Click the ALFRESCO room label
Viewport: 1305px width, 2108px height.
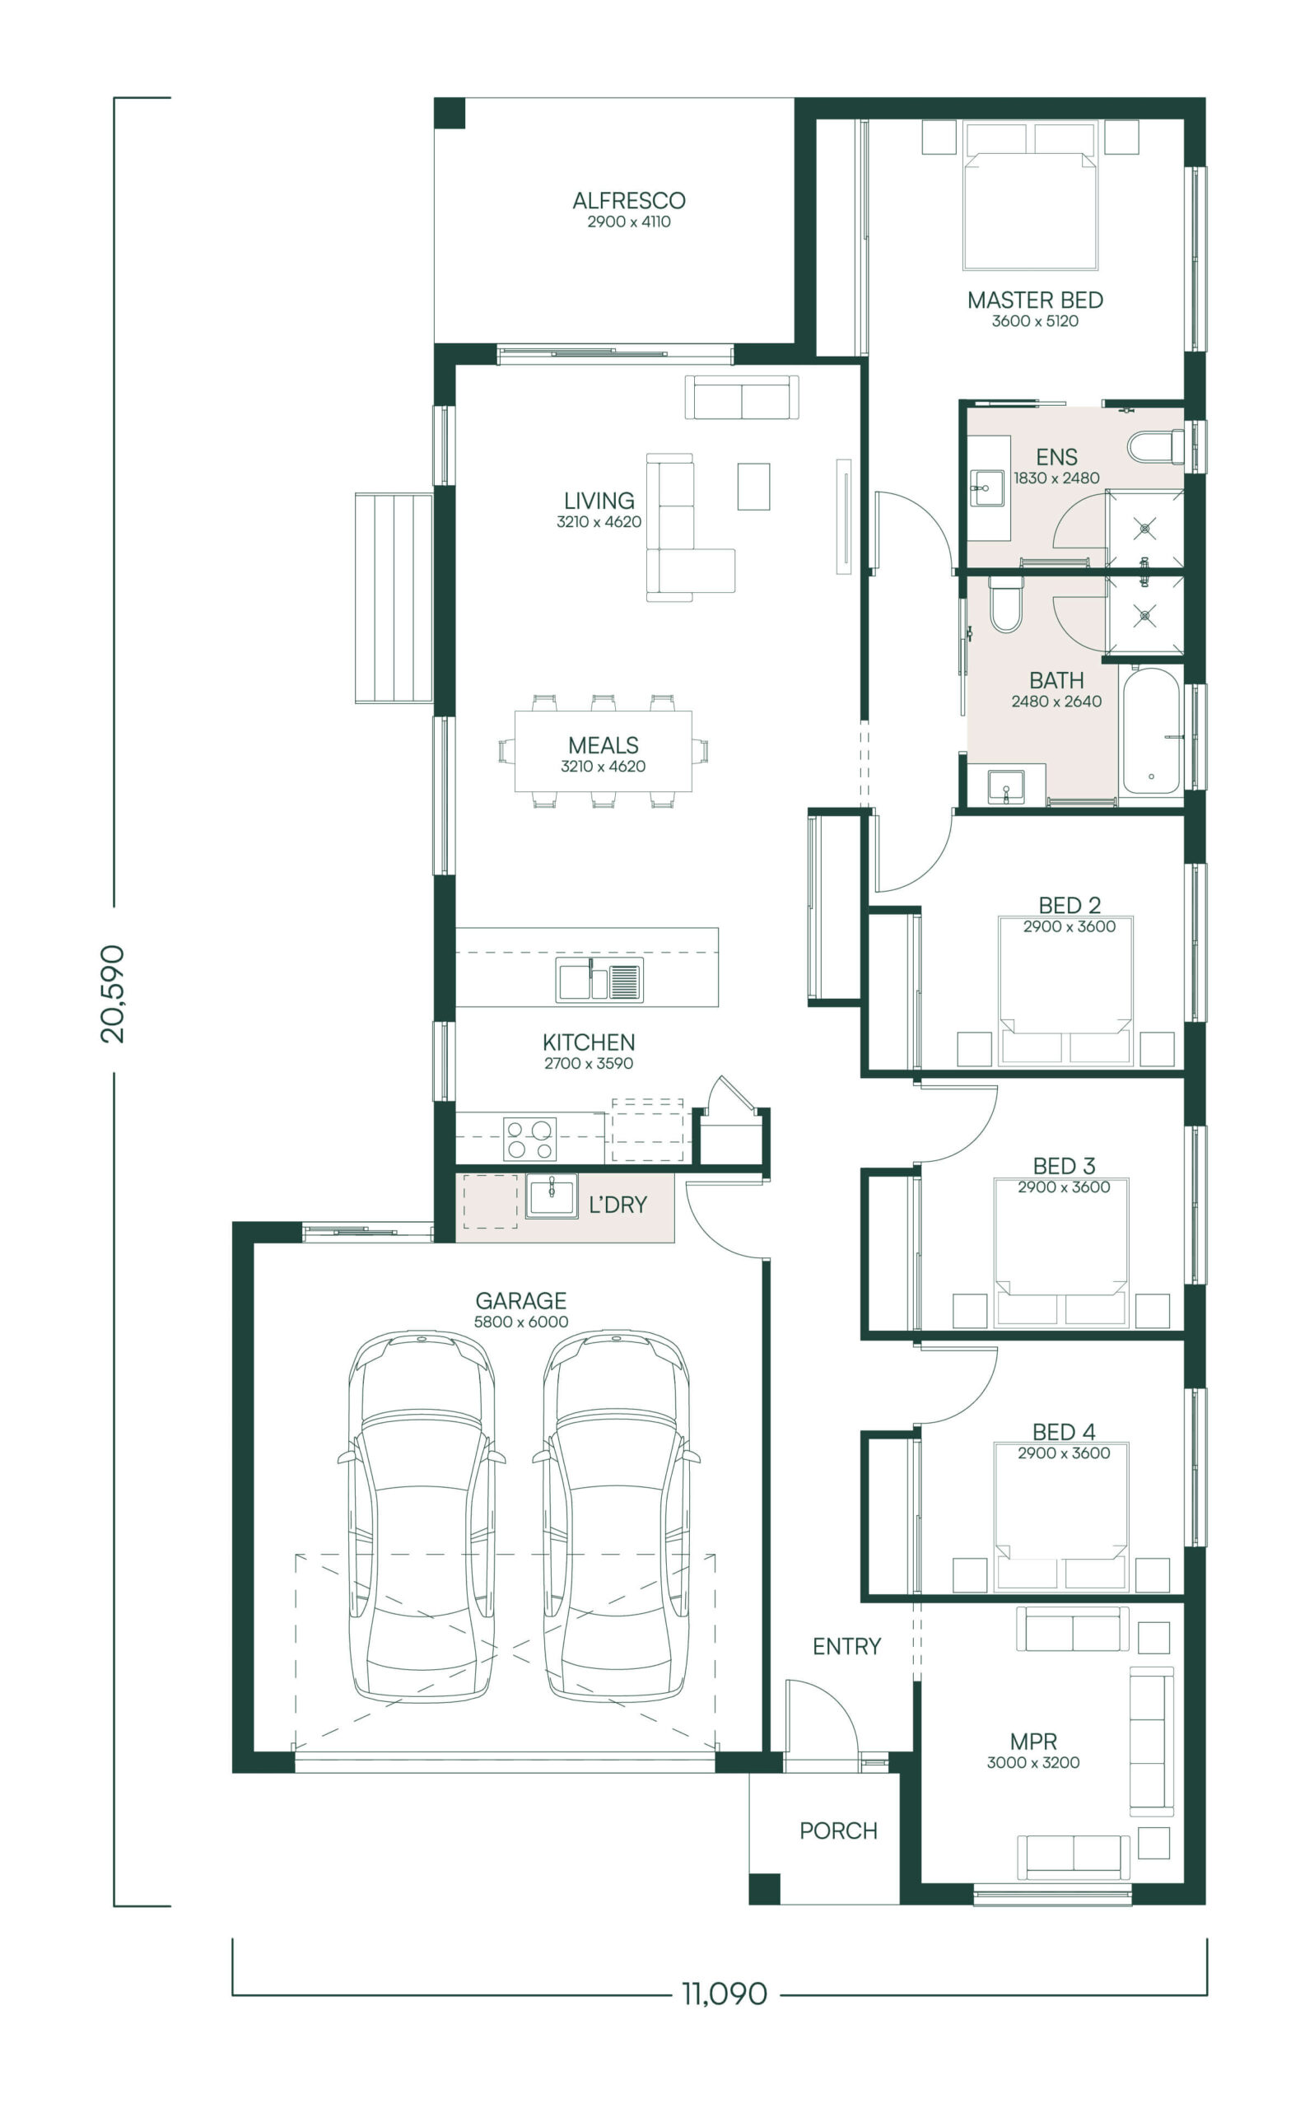pos(628,200)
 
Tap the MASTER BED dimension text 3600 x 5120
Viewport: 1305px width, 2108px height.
pos(1035,321)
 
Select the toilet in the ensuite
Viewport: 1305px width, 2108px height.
pos(1156,446)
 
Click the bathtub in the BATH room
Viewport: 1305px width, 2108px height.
pos(1150,730)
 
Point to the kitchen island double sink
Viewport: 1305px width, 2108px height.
pos(599,981)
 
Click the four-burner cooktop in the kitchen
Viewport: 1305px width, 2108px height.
pos(530,1140)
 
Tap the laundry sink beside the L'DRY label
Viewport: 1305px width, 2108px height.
pos(552,1196)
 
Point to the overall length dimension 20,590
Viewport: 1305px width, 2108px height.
pos(113,994)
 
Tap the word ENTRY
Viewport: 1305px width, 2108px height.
pos(846,1646)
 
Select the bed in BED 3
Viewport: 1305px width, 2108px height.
pos(1060,1252)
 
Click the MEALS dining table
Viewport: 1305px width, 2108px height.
pos(604,751)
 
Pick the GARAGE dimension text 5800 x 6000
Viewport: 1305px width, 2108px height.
pos(521,1322)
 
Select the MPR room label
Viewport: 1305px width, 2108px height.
pos(1033,1741)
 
